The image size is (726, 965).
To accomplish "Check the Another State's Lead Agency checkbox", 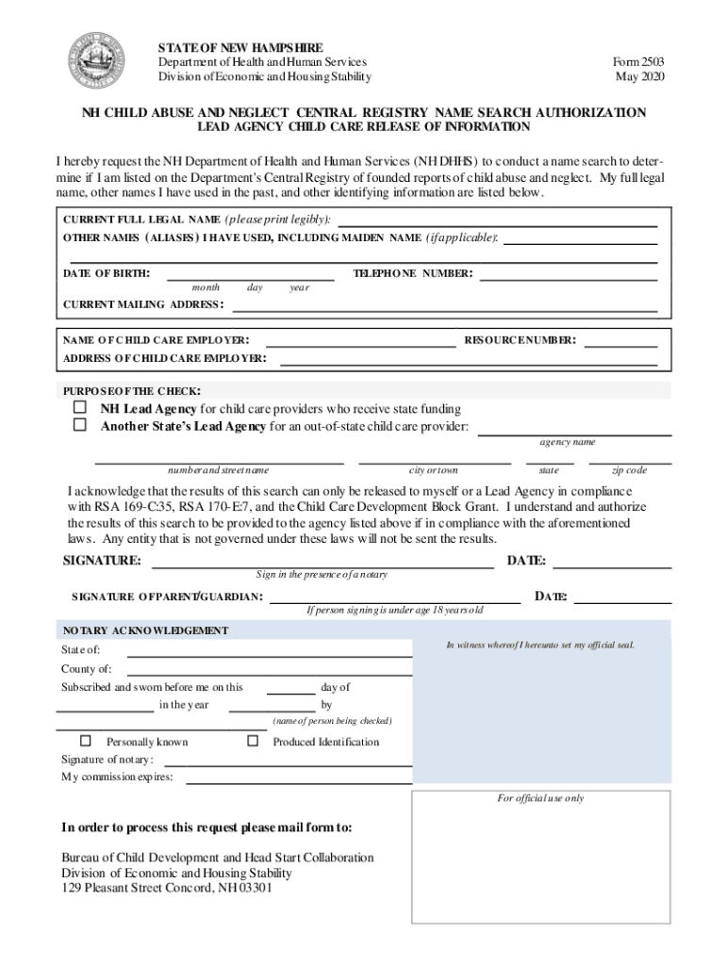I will [x=80, y=426].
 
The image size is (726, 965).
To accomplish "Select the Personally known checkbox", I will [x=86, y=741].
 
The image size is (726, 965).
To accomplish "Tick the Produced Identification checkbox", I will [x=253, y=741].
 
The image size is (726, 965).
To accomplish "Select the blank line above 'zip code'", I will [x=630, y=462].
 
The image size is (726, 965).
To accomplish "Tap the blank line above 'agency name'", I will [x=574, y=433].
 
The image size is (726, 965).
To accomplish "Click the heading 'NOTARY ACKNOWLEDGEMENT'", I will [x=145, y=630].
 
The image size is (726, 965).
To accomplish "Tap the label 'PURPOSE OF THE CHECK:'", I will [x=131, y=391].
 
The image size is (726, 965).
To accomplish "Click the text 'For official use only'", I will [x=540, y=798].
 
